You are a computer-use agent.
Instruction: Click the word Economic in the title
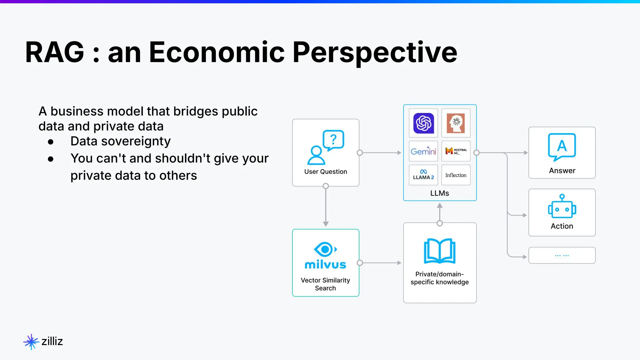tap(217, 52)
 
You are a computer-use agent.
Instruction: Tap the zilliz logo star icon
tap(31, 342)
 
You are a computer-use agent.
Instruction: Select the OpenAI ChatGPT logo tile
tap(423, 123)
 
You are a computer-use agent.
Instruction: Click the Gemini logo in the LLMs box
tap(423, 151)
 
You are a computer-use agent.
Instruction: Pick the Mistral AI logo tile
tap(456, 151)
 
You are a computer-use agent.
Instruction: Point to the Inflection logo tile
tap(456, 175)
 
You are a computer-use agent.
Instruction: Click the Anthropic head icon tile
tap(456, 123)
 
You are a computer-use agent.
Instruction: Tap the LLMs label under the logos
tap(440, 193)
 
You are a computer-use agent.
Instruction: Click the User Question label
tap(326, 172)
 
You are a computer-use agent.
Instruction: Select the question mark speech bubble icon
tap(333, 140)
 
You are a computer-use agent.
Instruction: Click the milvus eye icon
tap(325, 249)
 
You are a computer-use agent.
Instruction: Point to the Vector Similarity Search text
tap(325, 284)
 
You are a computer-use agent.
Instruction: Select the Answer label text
tap(562, 171)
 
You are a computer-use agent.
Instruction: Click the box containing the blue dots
tap(562, 255)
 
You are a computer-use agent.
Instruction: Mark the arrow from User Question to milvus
tap(326, 206)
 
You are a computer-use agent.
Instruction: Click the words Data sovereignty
tap(120, 141)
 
